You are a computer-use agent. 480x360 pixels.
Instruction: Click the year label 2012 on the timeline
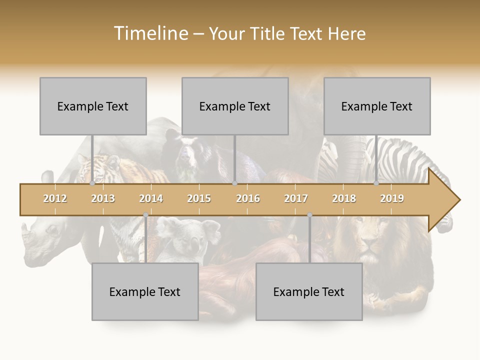(55, 198)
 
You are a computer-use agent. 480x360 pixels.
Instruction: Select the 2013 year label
(103, 198)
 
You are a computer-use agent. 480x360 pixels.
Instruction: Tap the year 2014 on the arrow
(151, 198)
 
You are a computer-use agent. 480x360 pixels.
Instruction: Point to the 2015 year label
(199, 198)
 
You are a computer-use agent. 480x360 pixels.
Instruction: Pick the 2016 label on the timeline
(248, 198)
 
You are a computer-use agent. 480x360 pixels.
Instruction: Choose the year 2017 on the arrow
(296, 198)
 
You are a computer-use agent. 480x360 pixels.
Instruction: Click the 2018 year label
(344, 198)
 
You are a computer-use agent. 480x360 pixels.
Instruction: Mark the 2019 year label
(392, 198)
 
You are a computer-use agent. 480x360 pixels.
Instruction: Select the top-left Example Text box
(93, 106)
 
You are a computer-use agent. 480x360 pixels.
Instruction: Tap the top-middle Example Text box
(235, 106)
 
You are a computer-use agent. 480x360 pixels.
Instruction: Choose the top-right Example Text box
(377, 106)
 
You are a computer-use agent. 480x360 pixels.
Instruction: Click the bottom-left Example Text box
(145, 291)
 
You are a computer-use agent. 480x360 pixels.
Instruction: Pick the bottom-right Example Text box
(309, 291)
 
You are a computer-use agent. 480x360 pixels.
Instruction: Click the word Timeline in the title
(150, 33)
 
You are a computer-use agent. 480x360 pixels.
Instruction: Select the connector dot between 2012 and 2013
(92, 183)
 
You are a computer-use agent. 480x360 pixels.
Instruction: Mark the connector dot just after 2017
(309, 215)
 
